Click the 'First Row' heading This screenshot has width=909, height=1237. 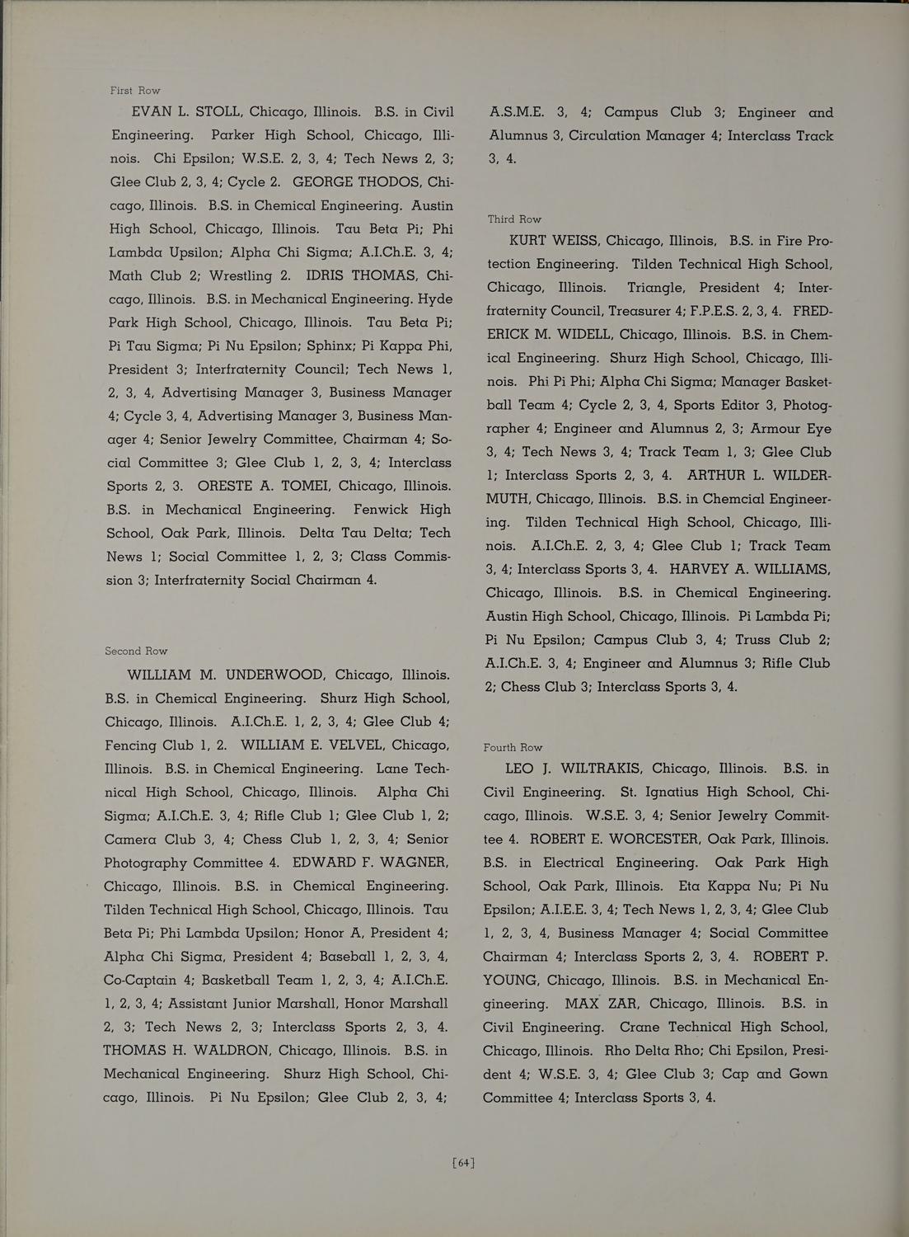[x=135, y=90]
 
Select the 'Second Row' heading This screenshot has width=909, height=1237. [x=136, y=651]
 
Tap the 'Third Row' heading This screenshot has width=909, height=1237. [x=514, y=219]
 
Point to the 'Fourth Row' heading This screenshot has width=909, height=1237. [x=513, y=747]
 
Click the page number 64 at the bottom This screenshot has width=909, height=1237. [x=463, y=1164]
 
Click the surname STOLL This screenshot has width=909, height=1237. [x=217, y=111]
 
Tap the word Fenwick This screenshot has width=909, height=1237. [x=385, y=510]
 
